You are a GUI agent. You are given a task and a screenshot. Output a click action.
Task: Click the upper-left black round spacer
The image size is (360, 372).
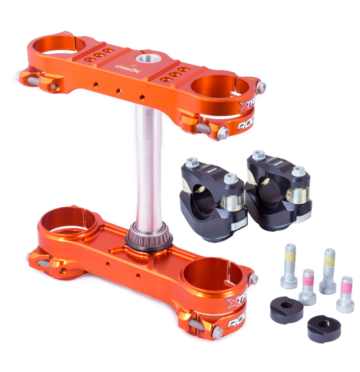click(x=287, y=310)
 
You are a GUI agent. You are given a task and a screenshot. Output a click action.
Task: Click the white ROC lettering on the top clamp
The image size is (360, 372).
click(x=245, y=124)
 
